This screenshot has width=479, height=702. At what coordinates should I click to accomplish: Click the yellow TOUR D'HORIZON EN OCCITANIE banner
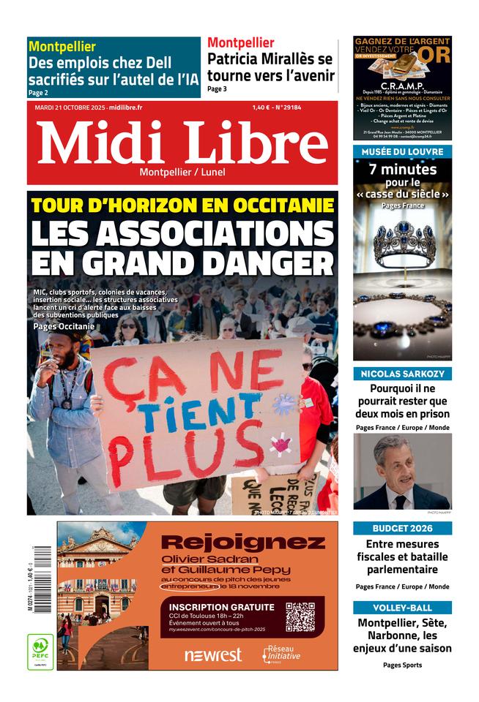[183, 205]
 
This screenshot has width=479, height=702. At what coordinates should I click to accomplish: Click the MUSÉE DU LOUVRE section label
[402, 151]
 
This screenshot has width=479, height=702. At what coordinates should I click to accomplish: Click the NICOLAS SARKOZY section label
[402, 374]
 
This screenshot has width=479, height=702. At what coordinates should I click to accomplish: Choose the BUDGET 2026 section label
[402, 528]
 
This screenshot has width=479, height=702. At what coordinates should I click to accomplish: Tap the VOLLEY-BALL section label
[402, 608]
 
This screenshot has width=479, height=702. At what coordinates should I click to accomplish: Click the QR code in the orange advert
[300, 616]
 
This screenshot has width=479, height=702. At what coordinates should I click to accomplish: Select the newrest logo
[212, 654]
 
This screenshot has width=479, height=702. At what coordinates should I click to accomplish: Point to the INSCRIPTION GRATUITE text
[221, 607]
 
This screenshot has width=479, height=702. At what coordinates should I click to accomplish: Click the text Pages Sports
[402, 665]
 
